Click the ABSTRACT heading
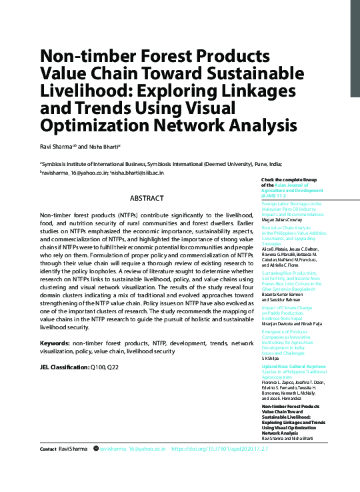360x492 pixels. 146,198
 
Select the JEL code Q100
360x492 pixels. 97,367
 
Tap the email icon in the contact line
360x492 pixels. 95,449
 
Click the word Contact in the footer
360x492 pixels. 47,449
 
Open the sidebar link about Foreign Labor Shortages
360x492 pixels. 292,207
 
